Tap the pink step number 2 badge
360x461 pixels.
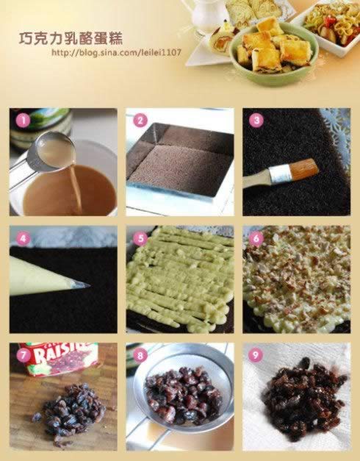click(140, 121)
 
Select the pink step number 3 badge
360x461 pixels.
click(256, 121)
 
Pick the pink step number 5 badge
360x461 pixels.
click(140, 238)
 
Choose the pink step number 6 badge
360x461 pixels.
click(256, 238)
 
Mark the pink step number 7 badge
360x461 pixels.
click(23, 355)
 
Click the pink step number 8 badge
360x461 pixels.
click(140, 355)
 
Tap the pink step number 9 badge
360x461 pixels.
click(255, 355)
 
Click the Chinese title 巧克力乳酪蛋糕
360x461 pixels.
click(71, 38)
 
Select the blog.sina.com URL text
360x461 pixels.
click(116, 53)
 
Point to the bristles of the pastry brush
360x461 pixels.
click(304, 167)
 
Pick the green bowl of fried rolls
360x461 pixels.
click(273, 53)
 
